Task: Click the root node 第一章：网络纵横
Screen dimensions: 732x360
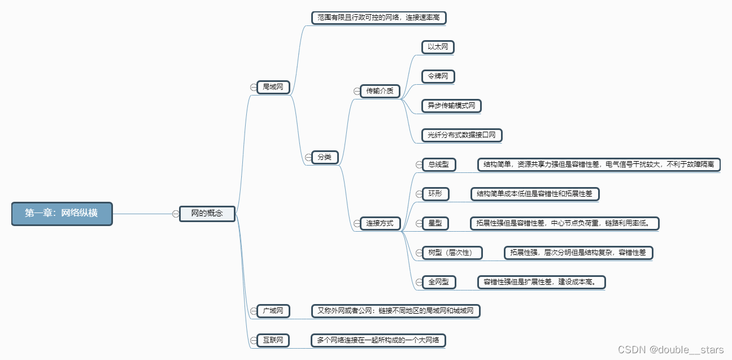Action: click(x=62, y=214)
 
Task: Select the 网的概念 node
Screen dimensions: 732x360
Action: click(x=207, y=214)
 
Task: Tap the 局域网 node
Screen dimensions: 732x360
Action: click(x=273, y=87)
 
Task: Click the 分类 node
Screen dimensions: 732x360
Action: click(x=325, y=157)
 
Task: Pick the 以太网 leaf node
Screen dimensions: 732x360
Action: click(x=438, y=47)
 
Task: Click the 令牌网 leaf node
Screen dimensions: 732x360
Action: click(x=438, y=76)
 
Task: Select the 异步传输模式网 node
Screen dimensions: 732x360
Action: click(x=451, y=106)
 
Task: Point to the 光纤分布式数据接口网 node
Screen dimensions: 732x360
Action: click(x=461, y=135)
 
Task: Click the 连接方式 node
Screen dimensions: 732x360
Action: click(x=380, y=223)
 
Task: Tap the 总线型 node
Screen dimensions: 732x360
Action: click(x=438, y=164)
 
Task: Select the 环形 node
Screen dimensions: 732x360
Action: click(x=435, y=194)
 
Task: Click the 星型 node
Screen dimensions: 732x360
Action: click(x=435, y=223)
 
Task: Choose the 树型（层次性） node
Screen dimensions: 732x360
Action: click(x=452, y=253)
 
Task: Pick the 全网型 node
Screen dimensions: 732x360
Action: click(x=438, y=282)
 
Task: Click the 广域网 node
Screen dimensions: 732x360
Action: click(x=273, y=311)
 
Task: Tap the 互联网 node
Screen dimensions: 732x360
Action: click(x=273, y=340)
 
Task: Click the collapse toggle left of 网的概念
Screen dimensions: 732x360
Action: click(x=176, y=214)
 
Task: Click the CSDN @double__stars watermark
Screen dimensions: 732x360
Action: click(x=670, y=350)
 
